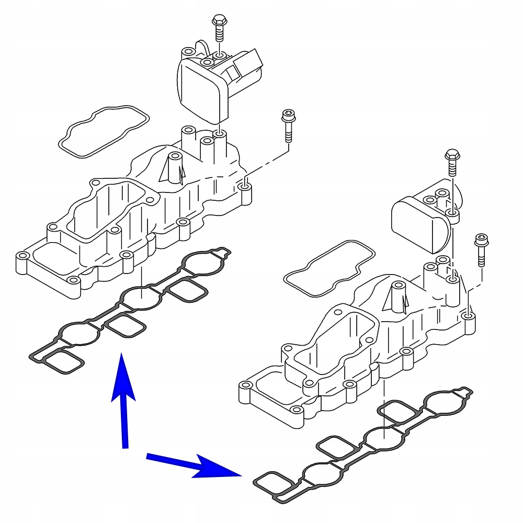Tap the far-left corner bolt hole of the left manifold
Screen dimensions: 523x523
click(x=22, y=257)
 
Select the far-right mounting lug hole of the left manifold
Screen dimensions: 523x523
click(x=243, y=186)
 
